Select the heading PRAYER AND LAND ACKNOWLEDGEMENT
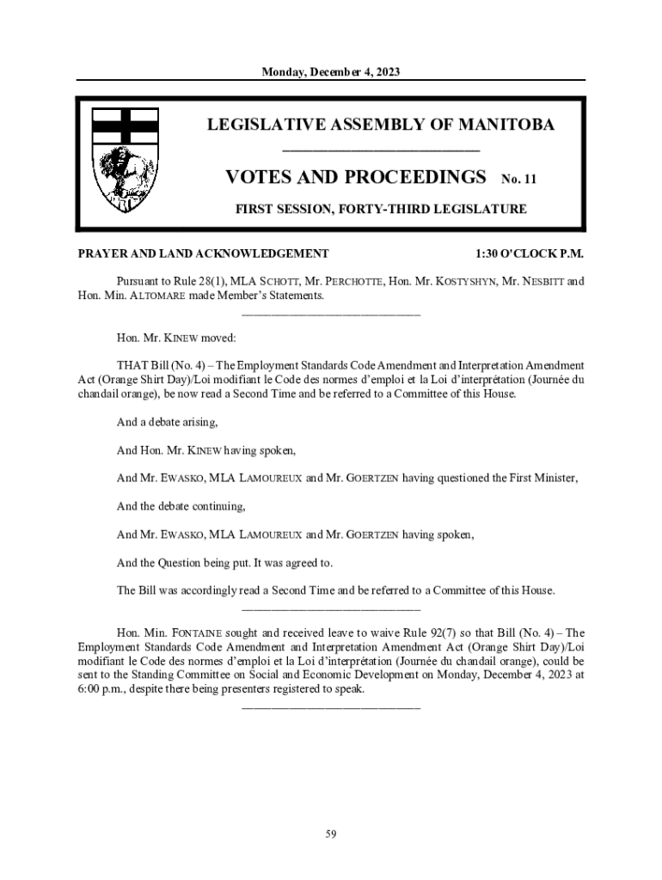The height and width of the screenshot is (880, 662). pos(204,254)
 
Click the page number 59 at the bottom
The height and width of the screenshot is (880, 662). pos(331,833)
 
